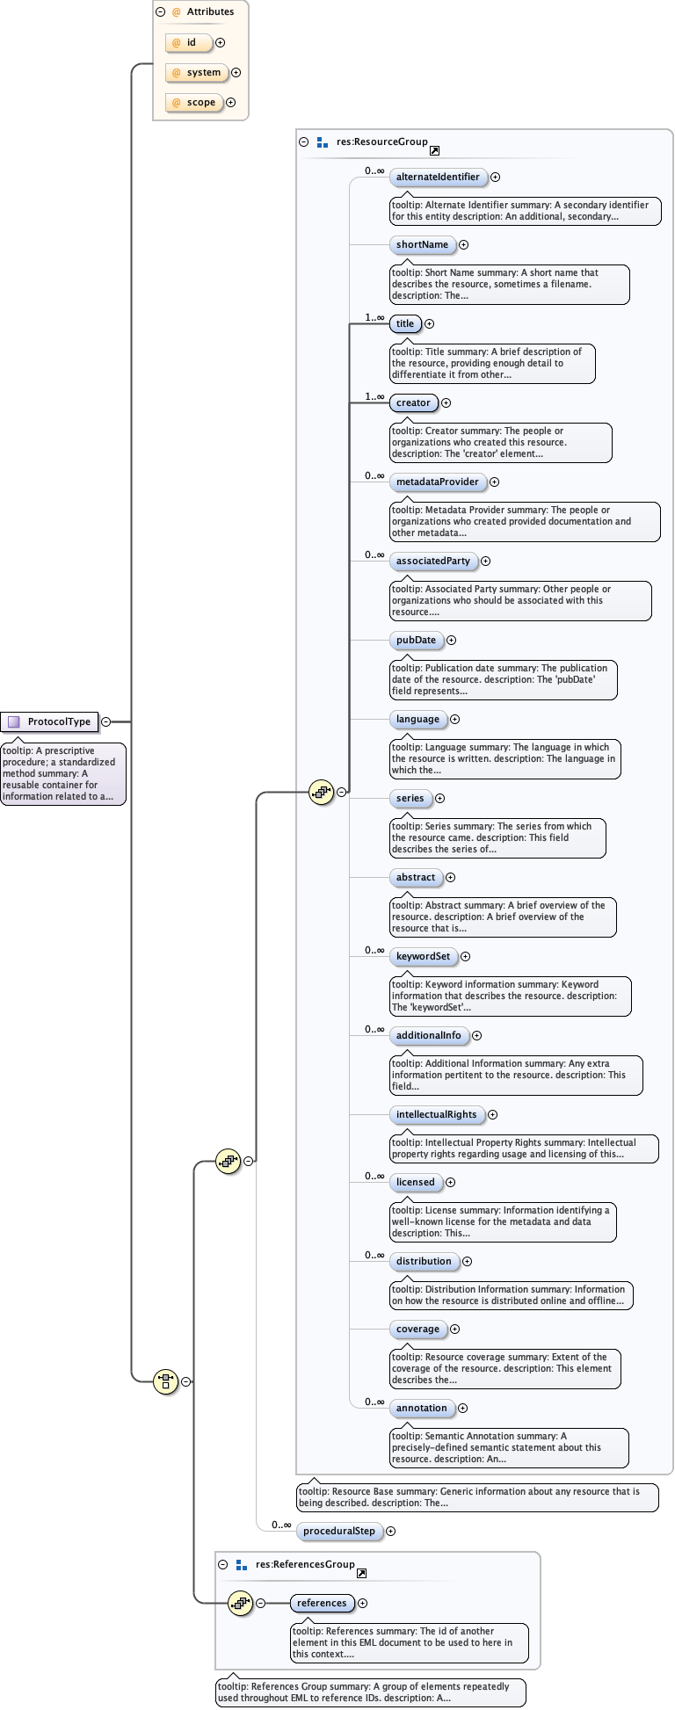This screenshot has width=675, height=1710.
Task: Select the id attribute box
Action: [x=189, y=42]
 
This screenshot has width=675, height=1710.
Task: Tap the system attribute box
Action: [x=197, y=72]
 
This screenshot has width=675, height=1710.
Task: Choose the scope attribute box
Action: [x=194, y=102]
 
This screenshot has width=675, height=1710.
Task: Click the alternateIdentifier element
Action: [x=438, y=177]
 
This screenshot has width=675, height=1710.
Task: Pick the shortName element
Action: [x=422, y=244]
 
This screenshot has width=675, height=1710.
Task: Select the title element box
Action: [x=405, y=323]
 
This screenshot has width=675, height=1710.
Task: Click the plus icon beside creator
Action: [x=446, y=402]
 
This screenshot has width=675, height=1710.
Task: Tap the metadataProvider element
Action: [x=437, y=482]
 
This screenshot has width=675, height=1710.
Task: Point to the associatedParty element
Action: [x=432, y=561]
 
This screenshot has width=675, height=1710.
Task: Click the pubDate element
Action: [x=416, y=640]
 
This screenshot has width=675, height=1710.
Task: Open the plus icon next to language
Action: [x=455, y=719]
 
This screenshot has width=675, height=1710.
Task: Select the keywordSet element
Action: [x=423, y=956]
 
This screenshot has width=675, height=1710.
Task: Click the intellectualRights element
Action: [x=436, y=1114]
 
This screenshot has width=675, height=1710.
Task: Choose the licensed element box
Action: [x=415, y=1182]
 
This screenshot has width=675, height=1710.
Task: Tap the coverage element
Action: [x=417, y=1329]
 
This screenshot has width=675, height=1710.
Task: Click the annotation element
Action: [x=421, y=1408]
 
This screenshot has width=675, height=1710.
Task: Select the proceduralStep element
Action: [x=339, y=1531]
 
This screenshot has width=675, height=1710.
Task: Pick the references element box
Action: [x=322, y=1603]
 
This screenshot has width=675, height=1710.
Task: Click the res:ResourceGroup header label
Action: [x=381, y=141]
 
